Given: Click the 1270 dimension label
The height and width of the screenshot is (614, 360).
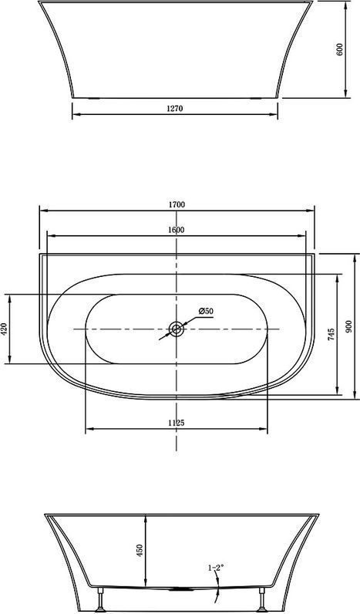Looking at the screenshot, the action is point(174,109).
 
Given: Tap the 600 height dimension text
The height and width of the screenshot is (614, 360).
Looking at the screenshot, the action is point(339,49).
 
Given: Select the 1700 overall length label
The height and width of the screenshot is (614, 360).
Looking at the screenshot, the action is point(177,204).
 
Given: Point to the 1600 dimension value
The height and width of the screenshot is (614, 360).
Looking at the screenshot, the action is point(176,230).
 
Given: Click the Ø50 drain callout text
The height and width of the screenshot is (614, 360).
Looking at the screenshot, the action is point(206,312).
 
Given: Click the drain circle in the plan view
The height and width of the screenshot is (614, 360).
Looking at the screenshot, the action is point(177,329).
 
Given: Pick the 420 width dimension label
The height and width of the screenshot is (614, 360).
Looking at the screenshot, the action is point(4,329).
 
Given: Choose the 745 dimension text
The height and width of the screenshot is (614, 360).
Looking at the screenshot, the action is point(331,335).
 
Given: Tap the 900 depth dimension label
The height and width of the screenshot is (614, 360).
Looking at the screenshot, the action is point(349,326).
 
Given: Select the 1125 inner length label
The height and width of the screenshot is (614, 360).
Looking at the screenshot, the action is point(176,423).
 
